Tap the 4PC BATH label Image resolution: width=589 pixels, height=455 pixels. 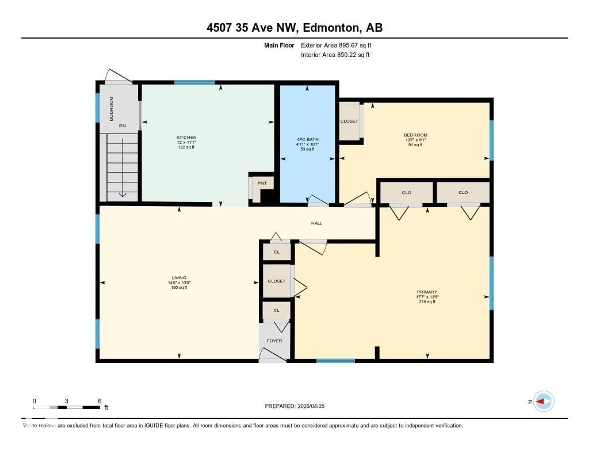click(x=307, y=139)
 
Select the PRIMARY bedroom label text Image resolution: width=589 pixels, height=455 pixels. click(x=427, y=292)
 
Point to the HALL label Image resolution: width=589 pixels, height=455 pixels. click(x=317, y=223)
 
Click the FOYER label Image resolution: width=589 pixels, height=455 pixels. click(x=274, y=341)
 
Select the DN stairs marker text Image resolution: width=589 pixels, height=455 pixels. click(x=122, y=126)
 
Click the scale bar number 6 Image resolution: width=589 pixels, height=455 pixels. click(x=100, y=401)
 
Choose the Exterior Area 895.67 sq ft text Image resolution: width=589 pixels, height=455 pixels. click(x=336, y=45)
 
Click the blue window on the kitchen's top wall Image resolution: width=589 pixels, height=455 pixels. click(x=194, y=82)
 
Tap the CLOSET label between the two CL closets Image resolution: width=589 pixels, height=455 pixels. click(x=276, y=281)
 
